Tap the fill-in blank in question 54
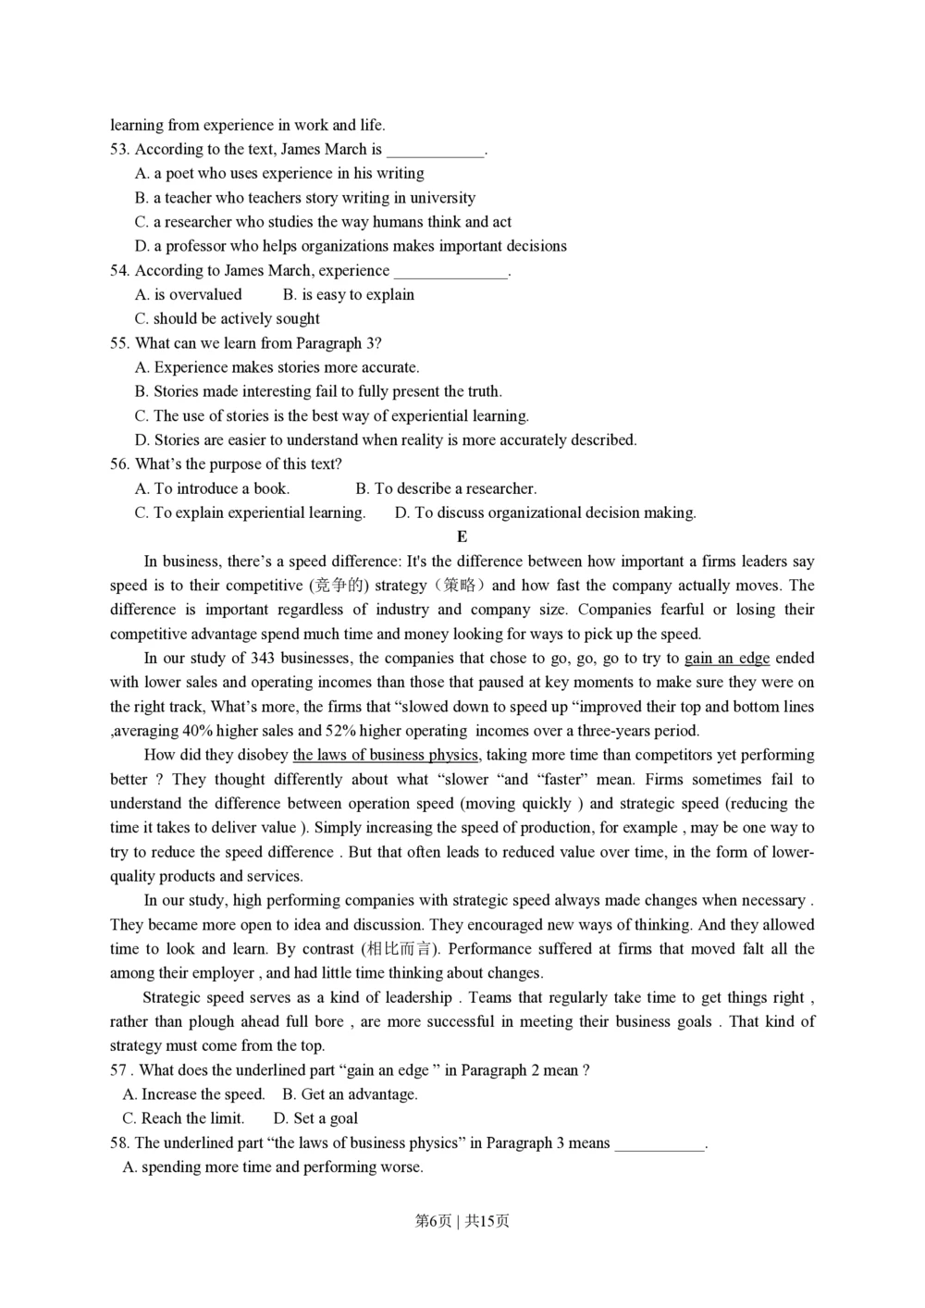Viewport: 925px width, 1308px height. pos(450,272)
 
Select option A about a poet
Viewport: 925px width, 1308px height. pos(279,174)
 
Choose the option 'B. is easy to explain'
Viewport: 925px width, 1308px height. pos(349,295)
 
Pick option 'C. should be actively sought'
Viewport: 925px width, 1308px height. pos(228,319)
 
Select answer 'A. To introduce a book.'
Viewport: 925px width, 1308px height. pos(212,488)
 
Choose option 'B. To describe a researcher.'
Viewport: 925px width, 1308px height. pos(446,488)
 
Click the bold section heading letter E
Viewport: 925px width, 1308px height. pos(462,537)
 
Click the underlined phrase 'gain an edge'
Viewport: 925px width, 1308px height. pos(727,659)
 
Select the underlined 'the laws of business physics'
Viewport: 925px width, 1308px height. pos(386,755)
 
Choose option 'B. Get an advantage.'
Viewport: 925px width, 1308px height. pos(350,1094)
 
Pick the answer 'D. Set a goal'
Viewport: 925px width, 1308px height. pos(315,1118)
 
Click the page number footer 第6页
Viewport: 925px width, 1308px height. pos(433,1221)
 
